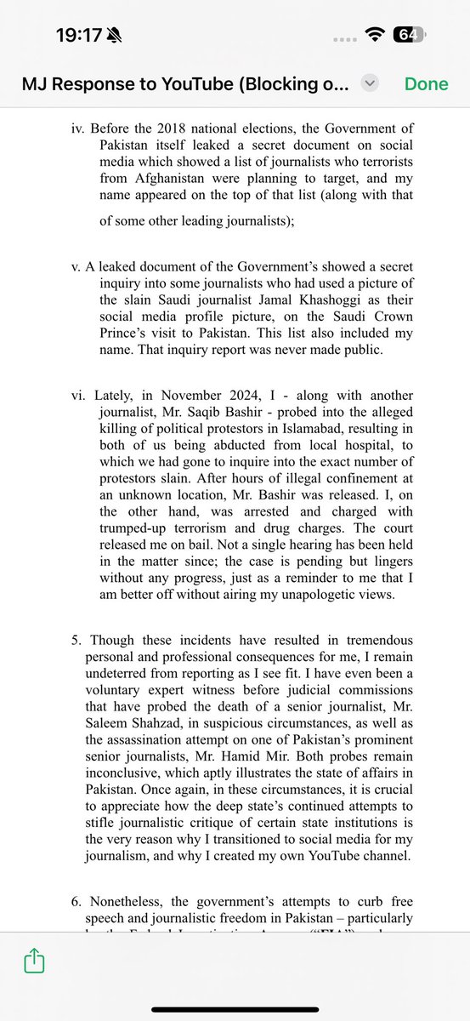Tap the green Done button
[426, 83]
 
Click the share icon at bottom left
[33, 961]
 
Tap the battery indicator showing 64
[408, 35]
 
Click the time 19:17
[79, 36]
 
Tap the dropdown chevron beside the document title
[369, 83]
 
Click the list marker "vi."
[80, 396]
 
